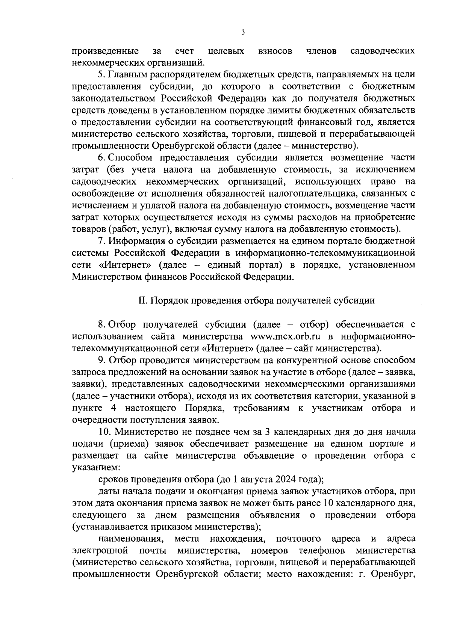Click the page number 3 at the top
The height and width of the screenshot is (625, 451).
click(x=243, y=33)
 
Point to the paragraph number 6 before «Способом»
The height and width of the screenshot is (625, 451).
click(x=101, y=157)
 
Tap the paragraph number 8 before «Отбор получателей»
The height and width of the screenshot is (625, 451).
click(x=101, y=324)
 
